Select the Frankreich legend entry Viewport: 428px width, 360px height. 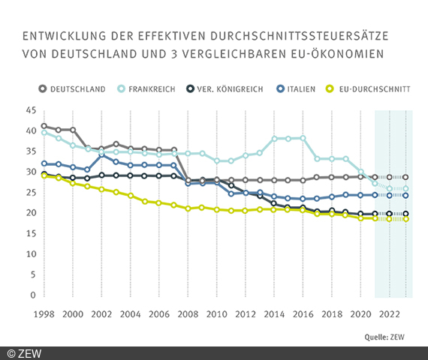coord(151,88)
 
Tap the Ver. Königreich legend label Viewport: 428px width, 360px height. coord(228,88)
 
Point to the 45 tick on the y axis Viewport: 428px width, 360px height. coord(31,109)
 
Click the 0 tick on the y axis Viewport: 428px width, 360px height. coord(34,295)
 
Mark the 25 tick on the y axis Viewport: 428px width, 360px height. coord(31,192)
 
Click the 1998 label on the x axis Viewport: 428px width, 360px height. coord(44,313)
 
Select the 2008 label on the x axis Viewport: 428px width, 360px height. coord(189,313)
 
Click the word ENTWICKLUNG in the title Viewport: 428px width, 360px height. coord(64,35)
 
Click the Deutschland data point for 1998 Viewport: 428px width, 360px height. coord(44,126)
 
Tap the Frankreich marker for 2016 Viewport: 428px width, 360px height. coord(303,138)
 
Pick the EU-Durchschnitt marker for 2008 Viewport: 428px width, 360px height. coord(189,208)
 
